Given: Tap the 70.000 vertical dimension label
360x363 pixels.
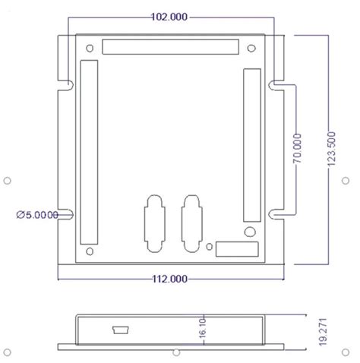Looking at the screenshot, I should tap(297, 150).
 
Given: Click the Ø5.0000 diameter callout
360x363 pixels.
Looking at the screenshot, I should tap(37, 215).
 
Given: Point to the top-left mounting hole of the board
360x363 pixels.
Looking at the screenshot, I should tap(90, 49).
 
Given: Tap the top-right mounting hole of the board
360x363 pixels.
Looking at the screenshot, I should tap(247, 49).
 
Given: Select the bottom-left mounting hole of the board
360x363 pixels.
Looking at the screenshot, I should tap(90, 251).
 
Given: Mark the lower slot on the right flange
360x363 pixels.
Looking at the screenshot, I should tap(276, 215).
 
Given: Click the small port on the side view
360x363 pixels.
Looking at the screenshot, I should tap(119, 330).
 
